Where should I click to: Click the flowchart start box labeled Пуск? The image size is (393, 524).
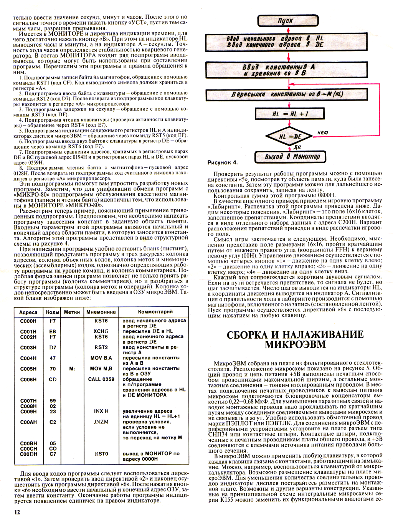click(x=288, y=21)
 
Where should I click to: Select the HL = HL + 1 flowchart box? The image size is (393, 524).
click(x=290, y=114)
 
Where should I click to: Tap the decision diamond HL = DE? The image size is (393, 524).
click(x=290, y=136)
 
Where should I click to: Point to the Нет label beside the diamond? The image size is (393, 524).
click(x=322, y=132)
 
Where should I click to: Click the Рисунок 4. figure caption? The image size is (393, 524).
click(x=223, y=163)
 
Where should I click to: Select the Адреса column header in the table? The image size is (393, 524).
click(x=28, y=312)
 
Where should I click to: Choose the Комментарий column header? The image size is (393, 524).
click(x=155, y=312)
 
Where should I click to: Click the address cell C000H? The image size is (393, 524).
click(x=28, y=321)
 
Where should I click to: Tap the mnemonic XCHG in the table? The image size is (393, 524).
click(x=101, y=331)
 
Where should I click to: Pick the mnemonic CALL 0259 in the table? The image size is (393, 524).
click(x=101, y=379)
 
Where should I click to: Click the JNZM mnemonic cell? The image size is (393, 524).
click(x=101, y=422)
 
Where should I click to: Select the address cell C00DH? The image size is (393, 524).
click(x=28, y=454)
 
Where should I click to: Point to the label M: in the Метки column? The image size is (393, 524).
click(x=72, y=369)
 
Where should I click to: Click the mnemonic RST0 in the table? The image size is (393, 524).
click(x=101, y=454)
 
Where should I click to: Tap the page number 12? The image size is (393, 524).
click(x=17, y=512)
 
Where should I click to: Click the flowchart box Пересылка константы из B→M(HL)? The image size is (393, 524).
click(x=287, y=94)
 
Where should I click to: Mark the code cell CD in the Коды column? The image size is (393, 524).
click(x=53, y=379)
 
